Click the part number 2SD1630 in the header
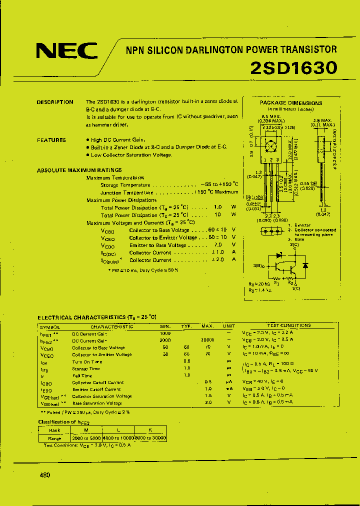(293, 67)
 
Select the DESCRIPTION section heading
(55, 102)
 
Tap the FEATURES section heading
(51, 140)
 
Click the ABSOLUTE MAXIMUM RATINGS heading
(79, 170)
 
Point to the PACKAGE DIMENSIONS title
(291, 103)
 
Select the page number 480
(44, 475)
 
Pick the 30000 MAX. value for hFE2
(207, 340)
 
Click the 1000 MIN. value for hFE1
(165, 333)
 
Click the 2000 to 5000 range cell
(86, 438)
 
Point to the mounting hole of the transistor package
(271, 146)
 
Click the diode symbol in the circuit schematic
(305, 265)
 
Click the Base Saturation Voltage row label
(97, 403)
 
